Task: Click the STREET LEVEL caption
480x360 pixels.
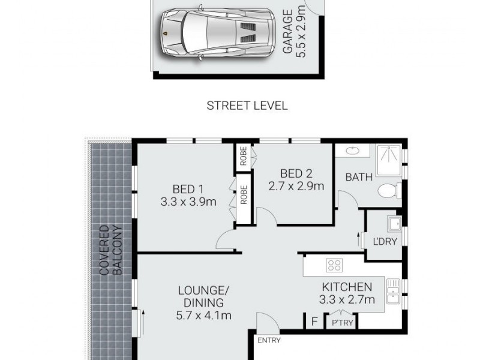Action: [247, 106]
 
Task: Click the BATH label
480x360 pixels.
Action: [359, 177]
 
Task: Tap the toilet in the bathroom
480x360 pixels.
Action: [389, 191]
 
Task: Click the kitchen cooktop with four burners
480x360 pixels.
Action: [334, 265]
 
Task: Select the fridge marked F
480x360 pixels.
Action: [313, 321]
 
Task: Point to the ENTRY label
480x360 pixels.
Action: [269, 341]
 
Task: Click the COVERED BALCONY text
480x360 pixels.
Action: [110, 251]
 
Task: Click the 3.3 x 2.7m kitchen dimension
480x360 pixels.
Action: [347, 299]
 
